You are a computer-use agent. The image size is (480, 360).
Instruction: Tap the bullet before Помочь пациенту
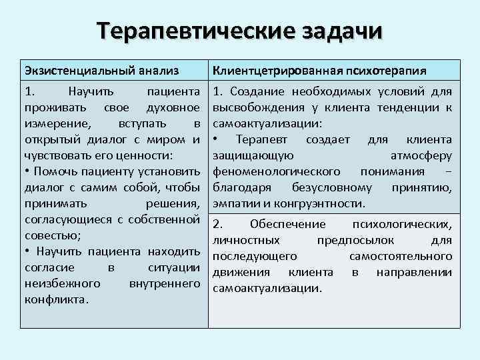(x=27, y=171)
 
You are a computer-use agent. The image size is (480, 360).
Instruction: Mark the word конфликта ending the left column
(x=55, y=299)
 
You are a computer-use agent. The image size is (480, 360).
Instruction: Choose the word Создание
(x=257, y=91)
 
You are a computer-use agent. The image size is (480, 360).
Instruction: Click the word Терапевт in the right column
(x=261, y=139)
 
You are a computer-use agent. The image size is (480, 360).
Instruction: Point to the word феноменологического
(x=267, y=171)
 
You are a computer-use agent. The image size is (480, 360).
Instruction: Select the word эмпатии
(x=233, y=203)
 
